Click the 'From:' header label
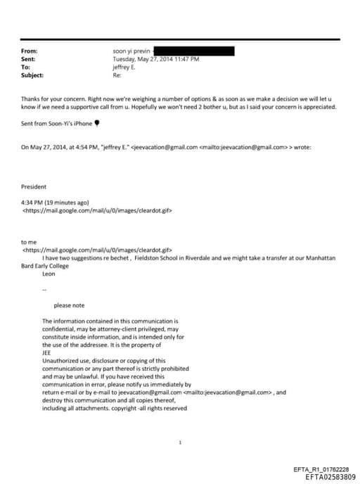pos(30,51)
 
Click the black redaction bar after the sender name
pos(193,51)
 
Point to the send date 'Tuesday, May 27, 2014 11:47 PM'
pos(155,59)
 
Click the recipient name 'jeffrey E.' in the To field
pos(127,67)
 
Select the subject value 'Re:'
pos(117,75)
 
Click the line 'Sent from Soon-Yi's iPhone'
pos(57,123)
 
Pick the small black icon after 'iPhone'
pos(97,123)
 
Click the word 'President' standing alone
pos(34,187)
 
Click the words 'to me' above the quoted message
pos(29,242)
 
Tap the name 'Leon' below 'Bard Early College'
pos(49,274)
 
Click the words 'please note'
pos(69,305)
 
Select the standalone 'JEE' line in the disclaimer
pos(47,352)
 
